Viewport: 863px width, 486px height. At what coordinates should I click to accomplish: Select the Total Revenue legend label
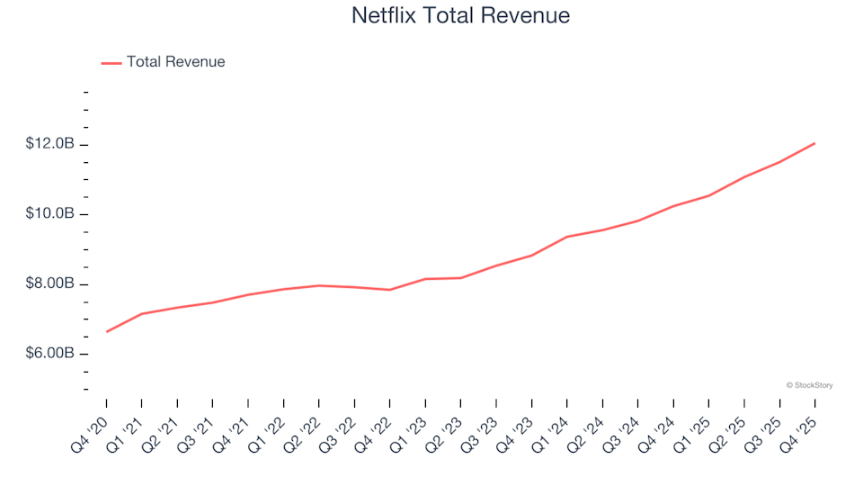coord(175,62)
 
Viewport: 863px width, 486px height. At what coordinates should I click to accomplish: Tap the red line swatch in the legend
coord(111,63)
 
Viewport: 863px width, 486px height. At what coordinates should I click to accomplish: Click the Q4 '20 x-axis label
coord(90,429)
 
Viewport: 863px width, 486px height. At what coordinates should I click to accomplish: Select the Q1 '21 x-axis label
coord(125,429)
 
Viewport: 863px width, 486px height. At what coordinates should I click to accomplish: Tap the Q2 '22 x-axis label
coord(302,429)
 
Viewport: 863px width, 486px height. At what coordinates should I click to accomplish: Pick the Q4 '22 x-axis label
coord(373,429)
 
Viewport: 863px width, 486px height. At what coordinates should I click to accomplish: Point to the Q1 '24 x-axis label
coord(550,429)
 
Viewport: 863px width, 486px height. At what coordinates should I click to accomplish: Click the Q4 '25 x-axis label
coord(798,429)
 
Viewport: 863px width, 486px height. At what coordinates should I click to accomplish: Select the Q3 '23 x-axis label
coord(479,429)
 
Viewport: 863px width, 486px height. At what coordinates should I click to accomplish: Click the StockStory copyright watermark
coord(809,385)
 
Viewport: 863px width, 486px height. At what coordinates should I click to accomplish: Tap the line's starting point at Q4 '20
coord(107,331)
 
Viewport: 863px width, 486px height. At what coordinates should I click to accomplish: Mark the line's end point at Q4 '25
coord(814,143)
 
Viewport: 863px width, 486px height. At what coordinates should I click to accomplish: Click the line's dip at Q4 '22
coord(390,290)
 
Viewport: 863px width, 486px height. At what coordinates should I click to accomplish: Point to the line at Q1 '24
coord(567,237)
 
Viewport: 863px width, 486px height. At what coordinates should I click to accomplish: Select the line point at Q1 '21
coord(142,313)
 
